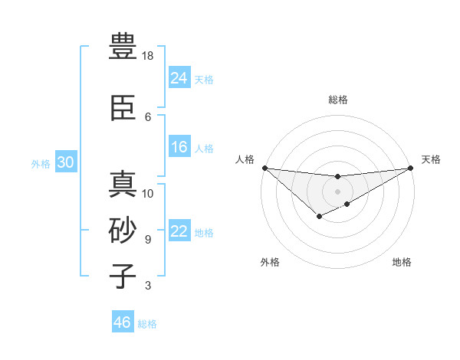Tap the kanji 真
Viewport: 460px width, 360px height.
point(123,184)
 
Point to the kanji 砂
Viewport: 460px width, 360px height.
point(123,231)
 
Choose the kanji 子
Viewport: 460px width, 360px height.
point(123,276)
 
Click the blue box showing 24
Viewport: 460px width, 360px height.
point(179,77)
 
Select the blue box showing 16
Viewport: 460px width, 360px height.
point(179,147)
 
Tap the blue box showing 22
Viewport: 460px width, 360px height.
point(179,231)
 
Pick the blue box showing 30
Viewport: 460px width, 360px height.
point(65,162)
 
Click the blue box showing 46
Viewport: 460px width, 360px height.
point(123,322)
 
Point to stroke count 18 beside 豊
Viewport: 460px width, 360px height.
point(148,56)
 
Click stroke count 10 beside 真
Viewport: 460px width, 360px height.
point(148,193)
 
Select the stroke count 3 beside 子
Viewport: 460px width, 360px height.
point(148,286)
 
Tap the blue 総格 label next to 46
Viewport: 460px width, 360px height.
point(147,324)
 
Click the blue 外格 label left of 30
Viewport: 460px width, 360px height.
point(41,164)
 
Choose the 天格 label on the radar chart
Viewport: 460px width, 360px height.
point(431,159)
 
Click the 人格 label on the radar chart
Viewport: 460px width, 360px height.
point(245,159)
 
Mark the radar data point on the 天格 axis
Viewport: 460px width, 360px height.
point(410,168)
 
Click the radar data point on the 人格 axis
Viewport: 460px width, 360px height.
point(264,168)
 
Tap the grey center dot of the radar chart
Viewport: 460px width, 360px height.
point(337,191)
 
